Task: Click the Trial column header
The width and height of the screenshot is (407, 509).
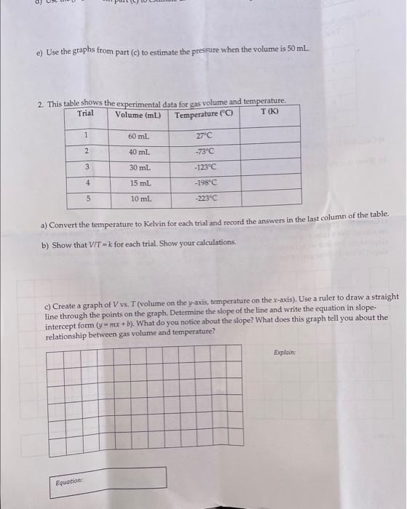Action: [x=86, y=113]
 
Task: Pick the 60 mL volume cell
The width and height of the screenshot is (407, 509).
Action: [x=139, y=135]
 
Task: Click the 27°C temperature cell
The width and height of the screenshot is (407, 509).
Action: [x=205, y=135]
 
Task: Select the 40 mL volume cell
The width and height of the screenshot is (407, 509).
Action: [x=139, y=151]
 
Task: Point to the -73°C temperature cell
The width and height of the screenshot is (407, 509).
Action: [x=205, y=151]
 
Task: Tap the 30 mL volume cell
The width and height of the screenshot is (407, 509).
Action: [x=139, y=167]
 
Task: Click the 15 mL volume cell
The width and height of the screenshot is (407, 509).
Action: [x=139, y=182]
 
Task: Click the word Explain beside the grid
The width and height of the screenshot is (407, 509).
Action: [x=285, y=352]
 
